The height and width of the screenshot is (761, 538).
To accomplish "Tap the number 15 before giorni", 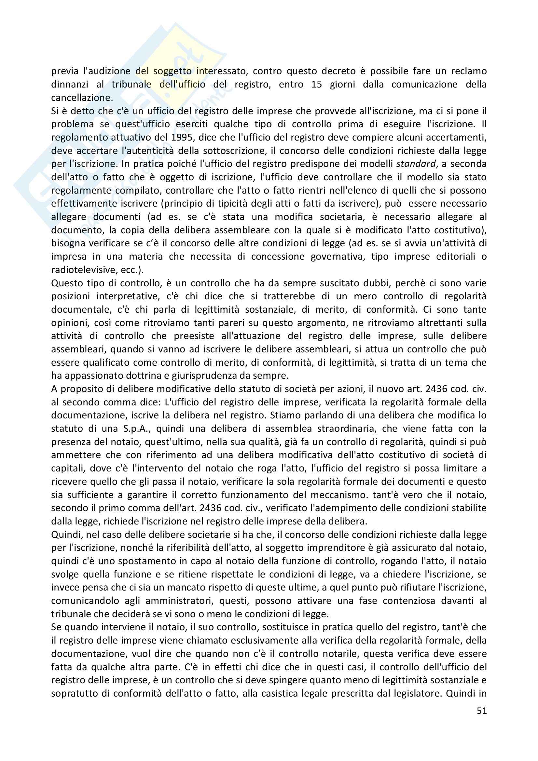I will (317, 84).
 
